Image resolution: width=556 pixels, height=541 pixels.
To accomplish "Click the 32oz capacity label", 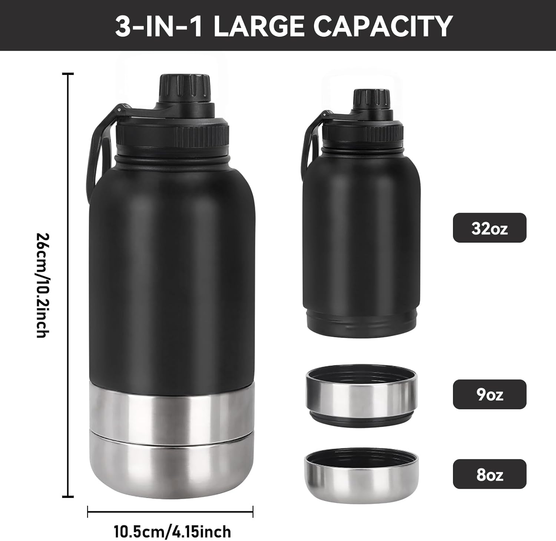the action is [x=489, y=228].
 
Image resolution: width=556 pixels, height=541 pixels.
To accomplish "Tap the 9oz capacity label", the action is [x=489, y=394].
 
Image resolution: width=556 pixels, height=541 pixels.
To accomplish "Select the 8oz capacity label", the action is [x=489, y=474].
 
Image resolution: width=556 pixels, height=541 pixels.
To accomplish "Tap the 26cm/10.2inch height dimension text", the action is [x=42, y=285].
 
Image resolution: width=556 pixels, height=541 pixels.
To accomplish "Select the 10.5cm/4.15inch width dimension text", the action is [x=172, y=531].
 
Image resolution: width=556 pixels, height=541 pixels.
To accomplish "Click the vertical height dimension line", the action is [x=67, y=285].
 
